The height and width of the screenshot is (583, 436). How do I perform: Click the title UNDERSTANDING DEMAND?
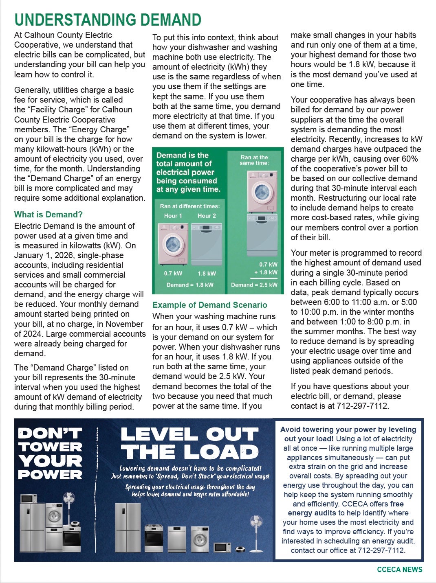[x=108, y=20]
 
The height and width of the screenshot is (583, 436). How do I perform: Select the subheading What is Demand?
[x=48, y=215]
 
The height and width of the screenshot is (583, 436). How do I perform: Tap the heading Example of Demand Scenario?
[x=209, y=305]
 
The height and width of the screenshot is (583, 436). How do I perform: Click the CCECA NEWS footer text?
[x=399, y=569]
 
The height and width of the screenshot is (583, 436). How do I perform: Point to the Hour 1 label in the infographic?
[x=173, y=216]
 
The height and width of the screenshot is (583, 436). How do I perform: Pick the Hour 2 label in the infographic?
[x=207, y=216]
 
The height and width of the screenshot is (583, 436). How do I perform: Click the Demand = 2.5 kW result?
[x=254, y=285]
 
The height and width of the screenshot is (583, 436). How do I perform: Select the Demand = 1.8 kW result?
[x=190, y=285]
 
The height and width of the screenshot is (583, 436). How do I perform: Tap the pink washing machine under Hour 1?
[x=173, y=244]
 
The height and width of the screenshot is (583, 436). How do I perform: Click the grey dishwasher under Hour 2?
[x=207, y=244]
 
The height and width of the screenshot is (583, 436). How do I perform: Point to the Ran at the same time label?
[x=254, y=160]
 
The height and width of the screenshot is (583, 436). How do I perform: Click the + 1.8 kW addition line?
[x=266, y=272]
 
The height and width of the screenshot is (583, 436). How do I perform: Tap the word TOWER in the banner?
[x=50, y=447]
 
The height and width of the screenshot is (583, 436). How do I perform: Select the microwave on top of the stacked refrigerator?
[x=29, y=498]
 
